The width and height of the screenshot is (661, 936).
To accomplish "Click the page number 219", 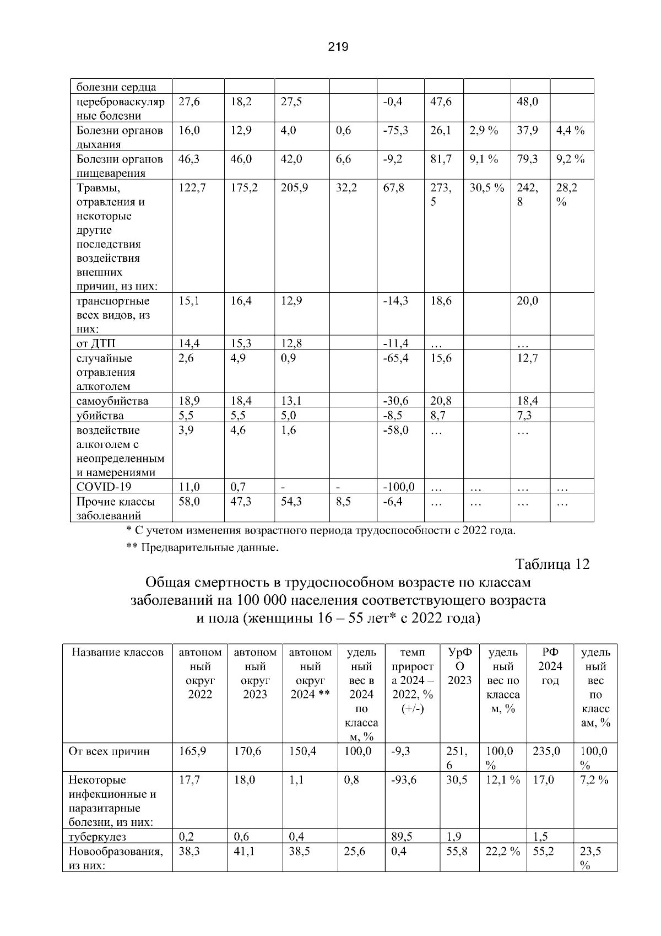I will click(338, 47).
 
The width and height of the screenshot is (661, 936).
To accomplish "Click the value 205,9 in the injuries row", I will click(294, 188).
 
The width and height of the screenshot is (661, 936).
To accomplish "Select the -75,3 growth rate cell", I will click(395, 131).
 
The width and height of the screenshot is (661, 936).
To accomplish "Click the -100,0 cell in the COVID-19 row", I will click(398, 487).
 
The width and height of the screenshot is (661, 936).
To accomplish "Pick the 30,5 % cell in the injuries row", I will click(486, 188).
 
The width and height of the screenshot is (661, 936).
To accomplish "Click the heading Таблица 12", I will click(552, 564).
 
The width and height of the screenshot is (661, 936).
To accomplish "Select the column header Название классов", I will click(117, 653).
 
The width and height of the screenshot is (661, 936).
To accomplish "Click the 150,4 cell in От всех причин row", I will click(302, 751).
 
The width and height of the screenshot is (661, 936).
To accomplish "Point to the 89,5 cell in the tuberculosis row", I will click(402, 837).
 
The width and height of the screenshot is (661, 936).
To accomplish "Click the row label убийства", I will click(100, 415).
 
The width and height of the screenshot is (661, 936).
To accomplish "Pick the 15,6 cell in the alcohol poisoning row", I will click(441, 358).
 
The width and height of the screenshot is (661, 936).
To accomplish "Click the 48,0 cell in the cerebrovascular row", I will click(527, 102).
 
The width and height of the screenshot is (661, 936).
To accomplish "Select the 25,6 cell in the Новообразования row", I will click(354, 852).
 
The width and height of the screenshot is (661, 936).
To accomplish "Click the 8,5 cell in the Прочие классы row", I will click(343, 502).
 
